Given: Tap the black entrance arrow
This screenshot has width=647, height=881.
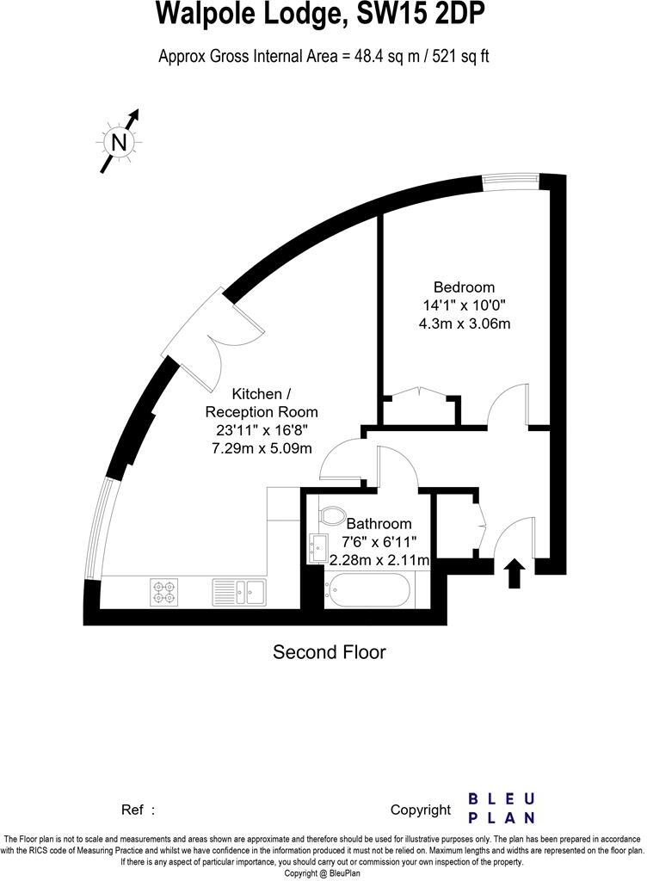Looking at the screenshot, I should pos(515,573).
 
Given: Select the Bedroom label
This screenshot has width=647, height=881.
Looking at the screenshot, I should pos(464,287).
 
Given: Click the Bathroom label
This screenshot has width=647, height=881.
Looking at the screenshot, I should pos(379,523).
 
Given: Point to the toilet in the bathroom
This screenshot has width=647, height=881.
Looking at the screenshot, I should pos(330,515).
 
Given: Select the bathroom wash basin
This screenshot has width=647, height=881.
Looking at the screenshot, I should pos(316,545).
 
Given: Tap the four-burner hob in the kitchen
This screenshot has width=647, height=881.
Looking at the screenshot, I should pos(164,591).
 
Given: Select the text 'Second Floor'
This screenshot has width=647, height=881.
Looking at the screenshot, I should pos(330,652).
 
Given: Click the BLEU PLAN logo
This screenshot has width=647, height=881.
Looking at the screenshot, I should pos(502,808).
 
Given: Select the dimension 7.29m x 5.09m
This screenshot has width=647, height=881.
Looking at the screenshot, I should pos(262,448).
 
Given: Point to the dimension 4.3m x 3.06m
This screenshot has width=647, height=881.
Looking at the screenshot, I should pos(464,323).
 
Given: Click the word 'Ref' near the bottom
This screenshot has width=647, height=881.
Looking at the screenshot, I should pos(132,810).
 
